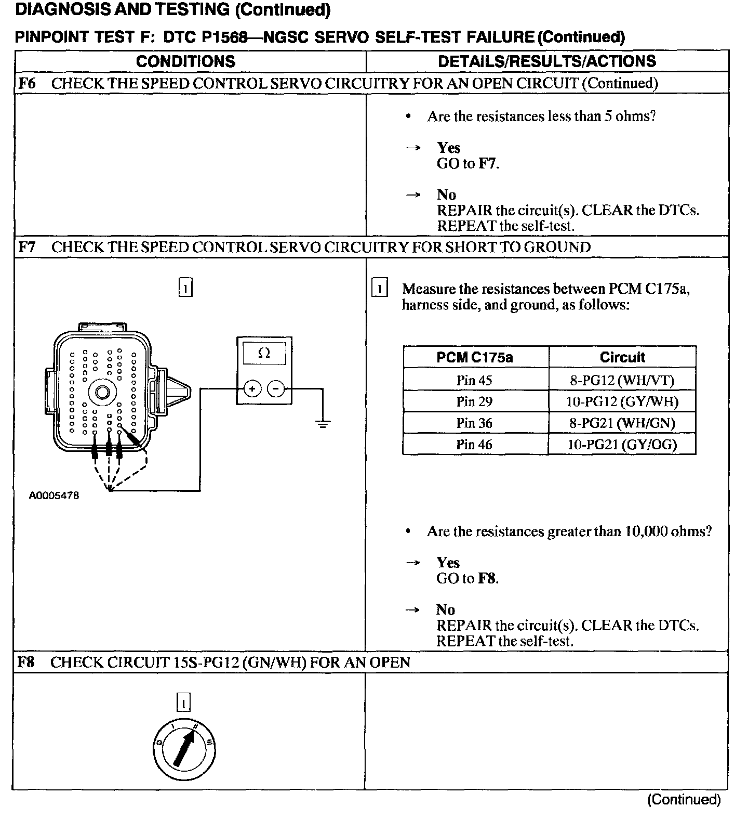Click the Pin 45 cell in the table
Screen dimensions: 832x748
tap(474, 380)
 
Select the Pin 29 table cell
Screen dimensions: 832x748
tap(474, 401)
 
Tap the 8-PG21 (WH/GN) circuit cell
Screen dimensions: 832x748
tap(622, 423)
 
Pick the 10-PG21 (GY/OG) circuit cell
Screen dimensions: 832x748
tap(622, 445)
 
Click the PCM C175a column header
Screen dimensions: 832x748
tap(474, 357)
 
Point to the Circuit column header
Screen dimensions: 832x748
tap(622, 357)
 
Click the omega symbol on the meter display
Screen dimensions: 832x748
tap(264, 354)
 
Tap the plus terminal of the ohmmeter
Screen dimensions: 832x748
tap(252, 388)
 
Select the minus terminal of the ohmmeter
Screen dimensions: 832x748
tap(276, 388)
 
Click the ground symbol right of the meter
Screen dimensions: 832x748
tap(323, 423)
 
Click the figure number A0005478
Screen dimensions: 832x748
tap(54, 496)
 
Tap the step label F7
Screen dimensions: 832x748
tap(27, 247)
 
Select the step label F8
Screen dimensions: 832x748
tap(26, 662)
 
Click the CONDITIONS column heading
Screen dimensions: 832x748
tap(185, 61)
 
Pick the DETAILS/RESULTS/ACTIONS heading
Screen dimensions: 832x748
tap(546, 61)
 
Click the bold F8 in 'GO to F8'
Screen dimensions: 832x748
tap(487, 578)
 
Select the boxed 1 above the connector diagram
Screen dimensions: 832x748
tap(185, 288)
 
